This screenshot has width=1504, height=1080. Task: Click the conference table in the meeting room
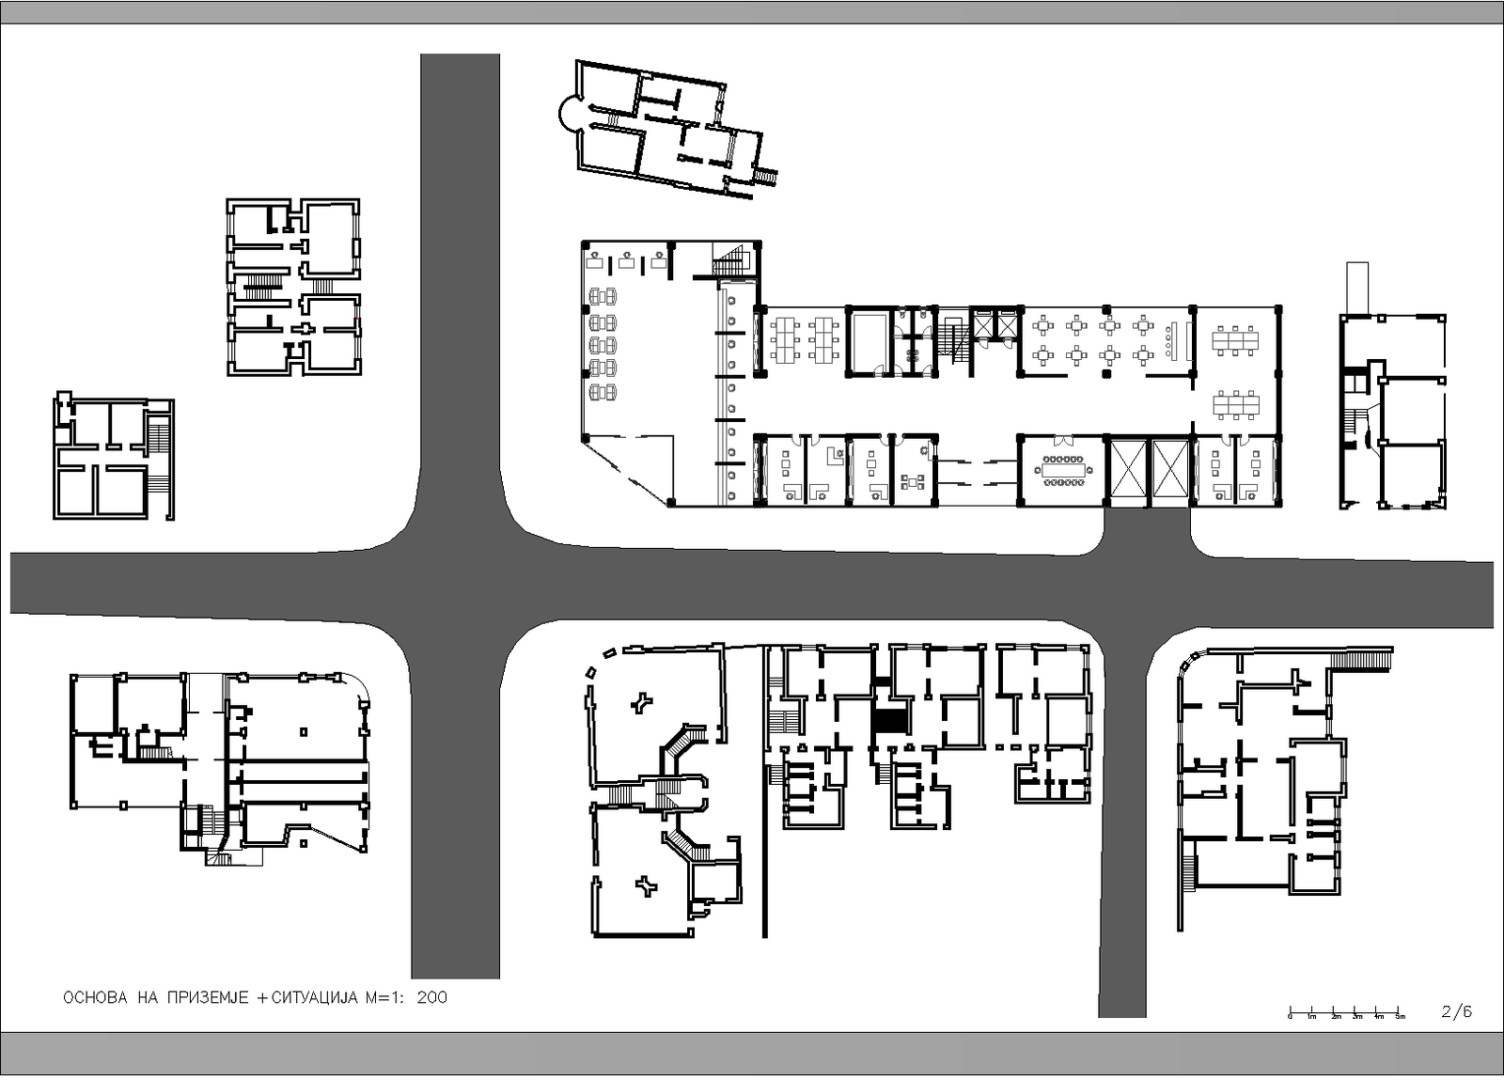[1063, 470]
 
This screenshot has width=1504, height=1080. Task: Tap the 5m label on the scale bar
[1401, 1017]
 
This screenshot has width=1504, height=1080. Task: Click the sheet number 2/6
[1456, 1011]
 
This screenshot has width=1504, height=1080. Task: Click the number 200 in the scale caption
[431, 997]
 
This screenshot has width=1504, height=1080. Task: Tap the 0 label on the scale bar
[1290, 1017]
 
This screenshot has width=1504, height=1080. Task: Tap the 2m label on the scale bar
[1336, 1017]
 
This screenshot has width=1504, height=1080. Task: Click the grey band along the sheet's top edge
[752, 12]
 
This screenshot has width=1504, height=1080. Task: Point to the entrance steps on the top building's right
[765, 176]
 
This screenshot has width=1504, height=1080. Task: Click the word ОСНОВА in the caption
[94, 997]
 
